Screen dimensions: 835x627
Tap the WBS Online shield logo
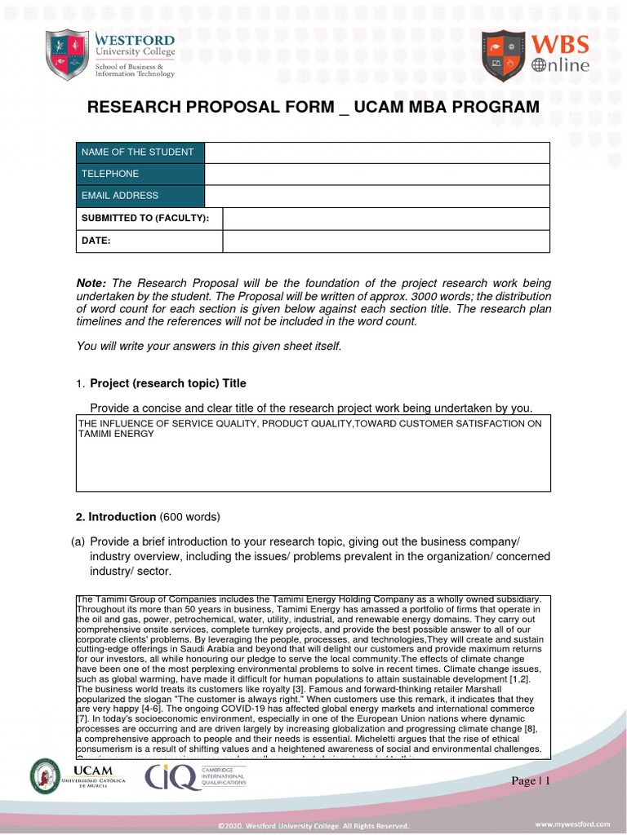tap(504, 55)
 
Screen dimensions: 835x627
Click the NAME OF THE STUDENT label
tap(137, 152)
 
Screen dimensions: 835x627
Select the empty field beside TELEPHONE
tap(376, 175)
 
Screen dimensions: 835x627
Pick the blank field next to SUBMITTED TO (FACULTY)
tap(386, 219)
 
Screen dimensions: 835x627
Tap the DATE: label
tap(96, 241)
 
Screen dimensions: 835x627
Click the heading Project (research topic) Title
tap(167, 383)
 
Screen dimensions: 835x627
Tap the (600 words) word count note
tap(190, 517)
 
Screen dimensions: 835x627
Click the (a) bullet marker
tap(78, 541)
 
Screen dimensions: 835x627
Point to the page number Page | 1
tap(531, 781)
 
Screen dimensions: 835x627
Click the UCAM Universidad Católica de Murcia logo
tap(79, 775)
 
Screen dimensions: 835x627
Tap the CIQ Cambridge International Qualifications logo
tap(196, 777)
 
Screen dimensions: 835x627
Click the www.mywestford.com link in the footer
tap(572, 824)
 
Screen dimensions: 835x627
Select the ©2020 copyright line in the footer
tap(313, 825)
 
